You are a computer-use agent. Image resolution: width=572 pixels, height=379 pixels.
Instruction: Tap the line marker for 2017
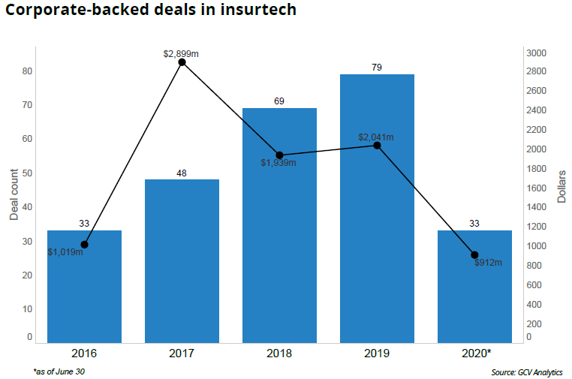pos(182,62)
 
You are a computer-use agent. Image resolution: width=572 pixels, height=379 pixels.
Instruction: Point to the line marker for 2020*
pos(474,255)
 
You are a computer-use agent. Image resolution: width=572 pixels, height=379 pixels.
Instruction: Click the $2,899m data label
pos(181,53)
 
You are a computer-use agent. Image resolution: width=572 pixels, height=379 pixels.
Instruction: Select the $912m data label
pos(488,263)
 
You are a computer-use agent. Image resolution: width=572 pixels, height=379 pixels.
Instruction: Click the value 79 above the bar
pos(377,68)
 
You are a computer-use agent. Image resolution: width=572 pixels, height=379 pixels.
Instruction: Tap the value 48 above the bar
pos(182,173)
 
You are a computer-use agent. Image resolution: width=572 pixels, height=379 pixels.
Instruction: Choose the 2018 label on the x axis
pos(279,353)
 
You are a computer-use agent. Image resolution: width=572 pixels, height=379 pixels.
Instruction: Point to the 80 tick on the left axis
pos(26,71)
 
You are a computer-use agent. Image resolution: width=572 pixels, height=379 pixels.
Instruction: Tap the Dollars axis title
pos(561,187)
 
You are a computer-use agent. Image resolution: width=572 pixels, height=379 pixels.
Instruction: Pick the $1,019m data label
pos(65,252)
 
